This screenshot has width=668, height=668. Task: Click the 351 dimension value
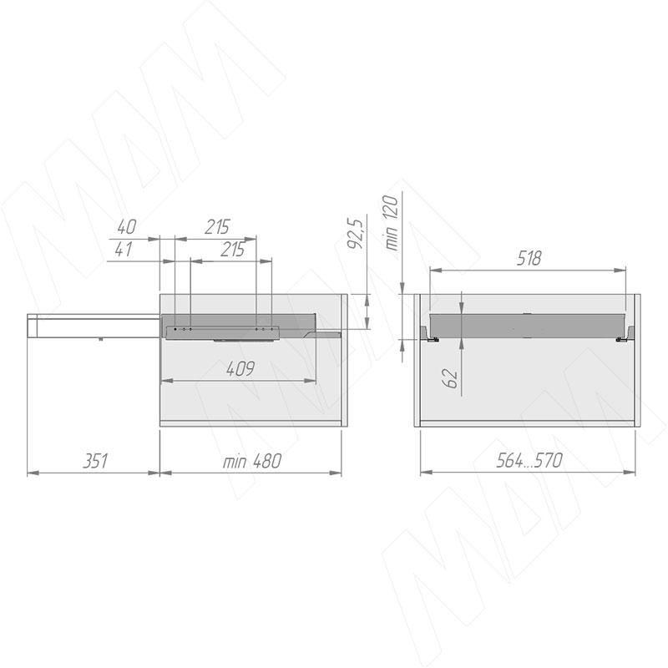click(x=95, y=461)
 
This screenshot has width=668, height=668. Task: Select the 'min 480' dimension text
click(x=252, y=461)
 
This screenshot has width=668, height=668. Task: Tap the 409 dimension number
click(x=240, y=368)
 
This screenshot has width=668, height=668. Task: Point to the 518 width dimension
click(x=529, y=259)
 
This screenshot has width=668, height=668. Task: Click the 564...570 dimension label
click(x=529, y=461)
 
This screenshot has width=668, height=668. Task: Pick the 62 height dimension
click(x=451, y=377)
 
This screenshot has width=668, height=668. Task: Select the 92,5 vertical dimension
click(x=354, y=234)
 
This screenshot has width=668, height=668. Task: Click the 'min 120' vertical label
click(x=391, y=222)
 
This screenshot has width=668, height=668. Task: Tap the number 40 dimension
click(x=127, y=227)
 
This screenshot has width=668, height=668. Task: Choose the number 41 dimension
click(x=124, y=249)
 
